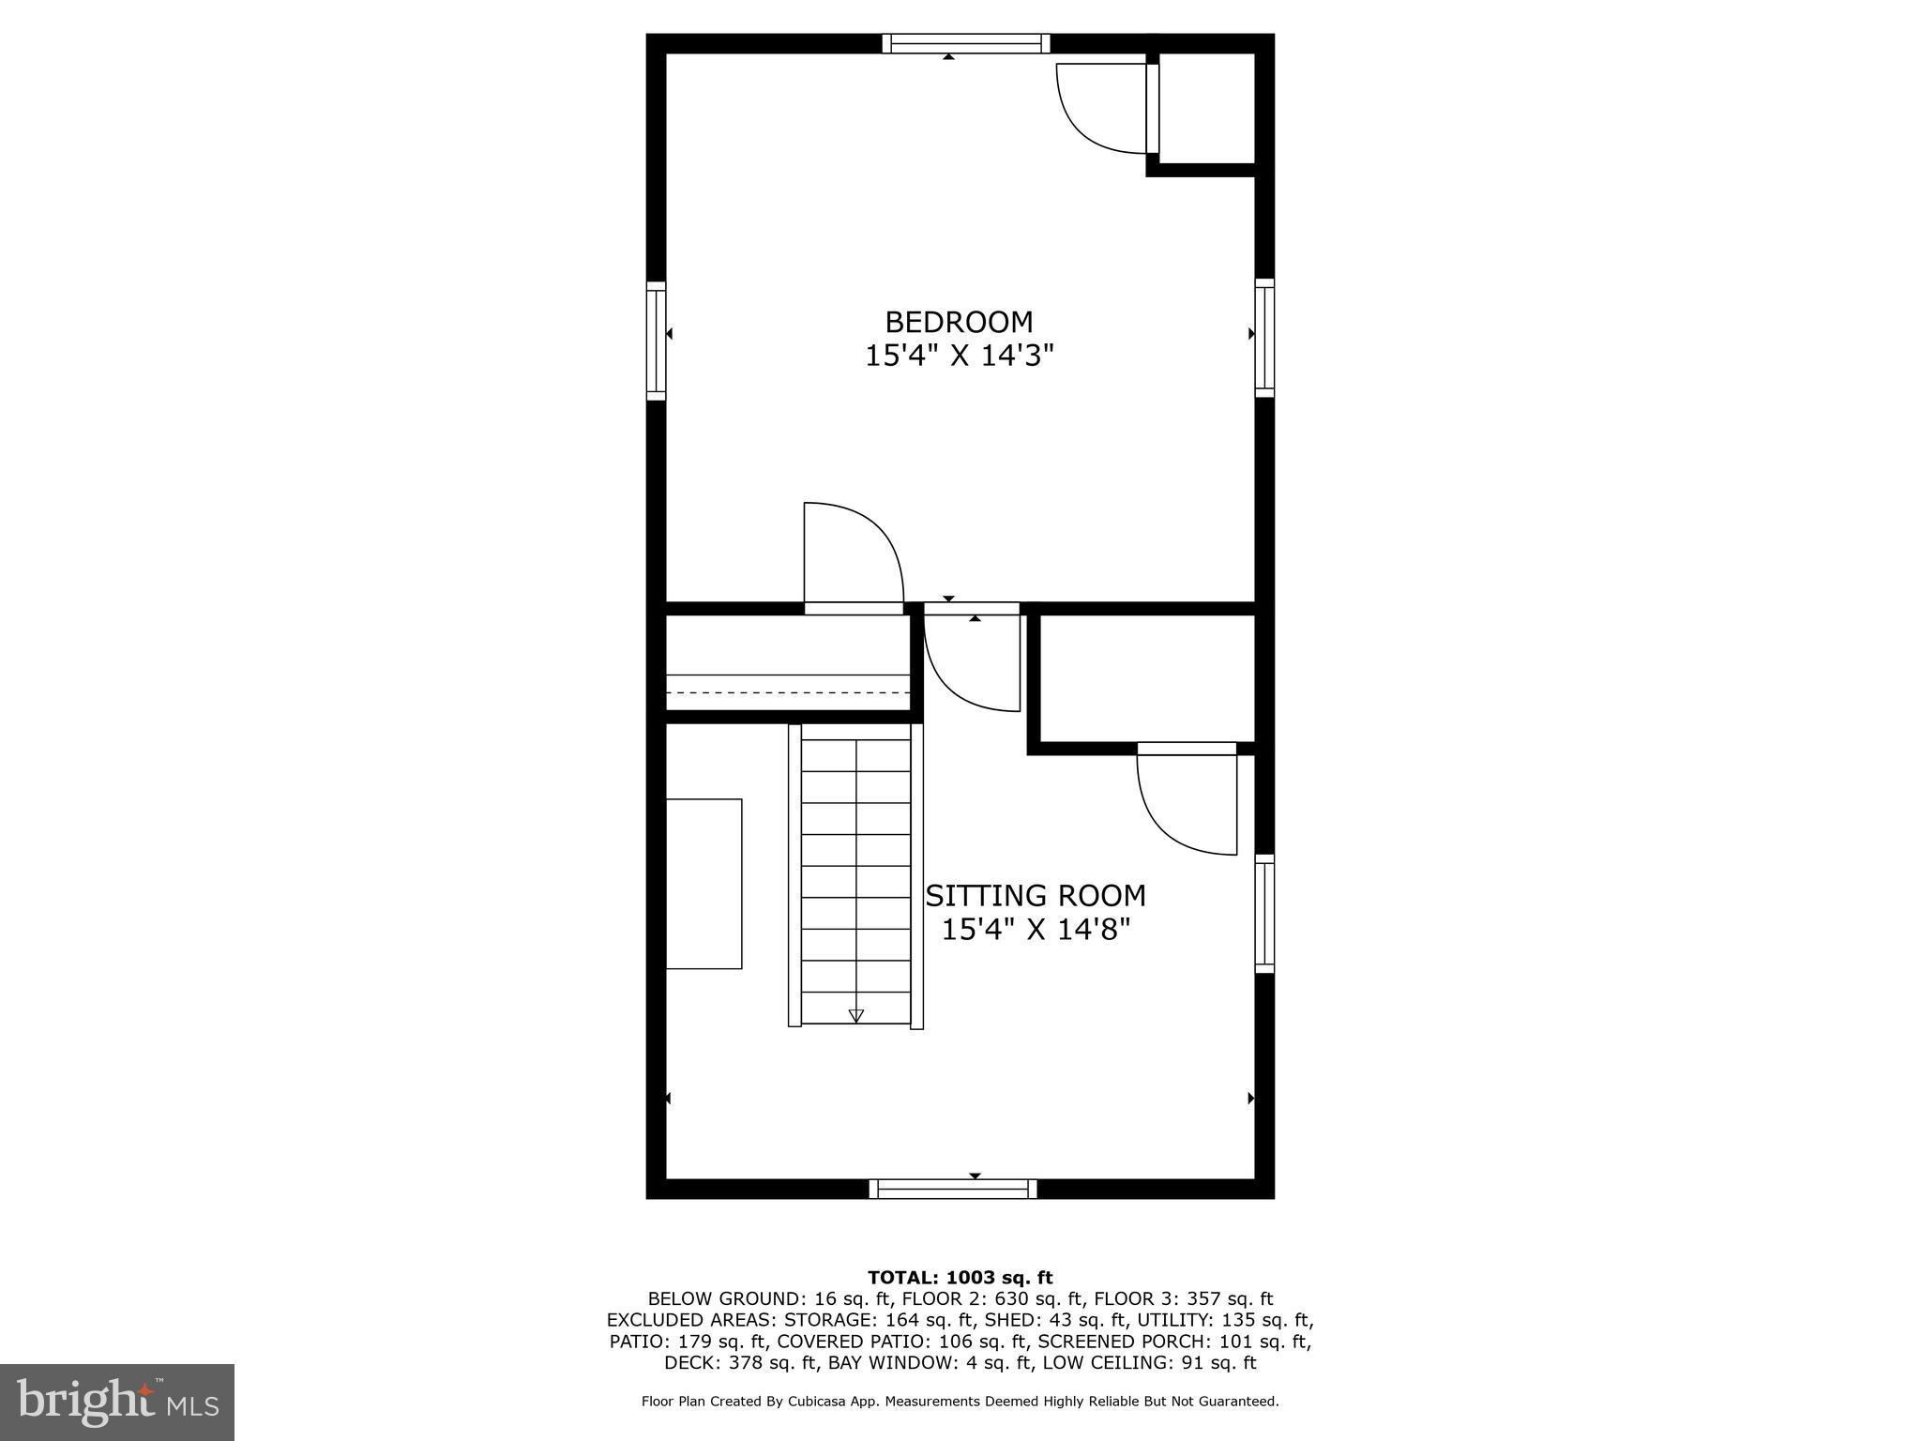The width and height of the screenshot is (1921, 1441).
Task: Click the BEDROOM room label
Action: (x=959, y=322)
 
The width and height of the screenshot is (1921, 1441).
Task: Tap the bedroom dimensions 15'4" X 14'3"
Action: (x=959, y=356)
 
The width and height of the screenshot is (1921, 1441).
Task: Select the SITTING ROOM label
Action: (x=1036, y=896)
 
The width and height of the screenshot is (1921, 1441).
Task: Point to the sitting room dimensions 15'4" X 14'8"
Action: (x=1036, y=930)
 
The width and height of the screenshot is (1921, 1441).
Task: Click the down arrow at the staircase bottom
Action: (x=855, y=1015)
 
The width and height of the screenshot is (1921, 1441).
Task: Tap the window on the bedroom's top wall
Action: (x=965, y=43)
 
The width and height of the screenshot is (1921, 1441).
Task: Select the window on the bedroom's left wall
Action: (x=656, y=341)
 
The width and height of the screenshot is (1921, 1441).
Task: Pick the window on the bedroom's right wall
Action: (x=1264, y=338)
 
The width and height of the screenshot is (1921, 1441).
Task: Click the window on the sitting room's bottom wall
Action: (x=953, y=1189)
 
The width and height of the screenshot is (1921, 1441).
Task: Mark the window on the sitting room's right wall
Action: (x=1264, y=914)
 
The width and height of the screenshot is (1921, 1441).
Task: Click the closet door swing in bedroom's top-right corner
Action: (x=1097, y=108)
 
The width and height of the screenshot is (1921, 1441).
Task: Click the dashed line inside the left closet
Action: (x=788, y=692)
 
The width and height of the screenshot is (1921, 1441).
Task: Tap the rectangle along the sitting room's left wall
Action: (x=703, y=883)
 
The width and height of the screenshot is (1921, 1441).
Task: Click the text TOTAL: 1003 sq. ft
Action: (x=960, y=1277)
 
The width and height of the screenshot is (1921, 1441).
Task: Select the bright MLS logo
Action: (x=117, y=1402)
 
